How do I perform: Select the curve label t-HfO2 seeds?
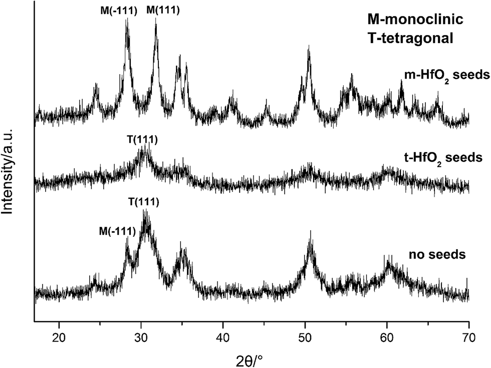(442, 158)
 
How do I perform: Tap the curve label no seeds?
(437, 254)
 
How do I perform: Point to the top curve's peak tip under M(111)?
(156, 19)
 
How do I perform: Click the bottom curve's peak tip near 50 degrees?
(311, 231)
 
